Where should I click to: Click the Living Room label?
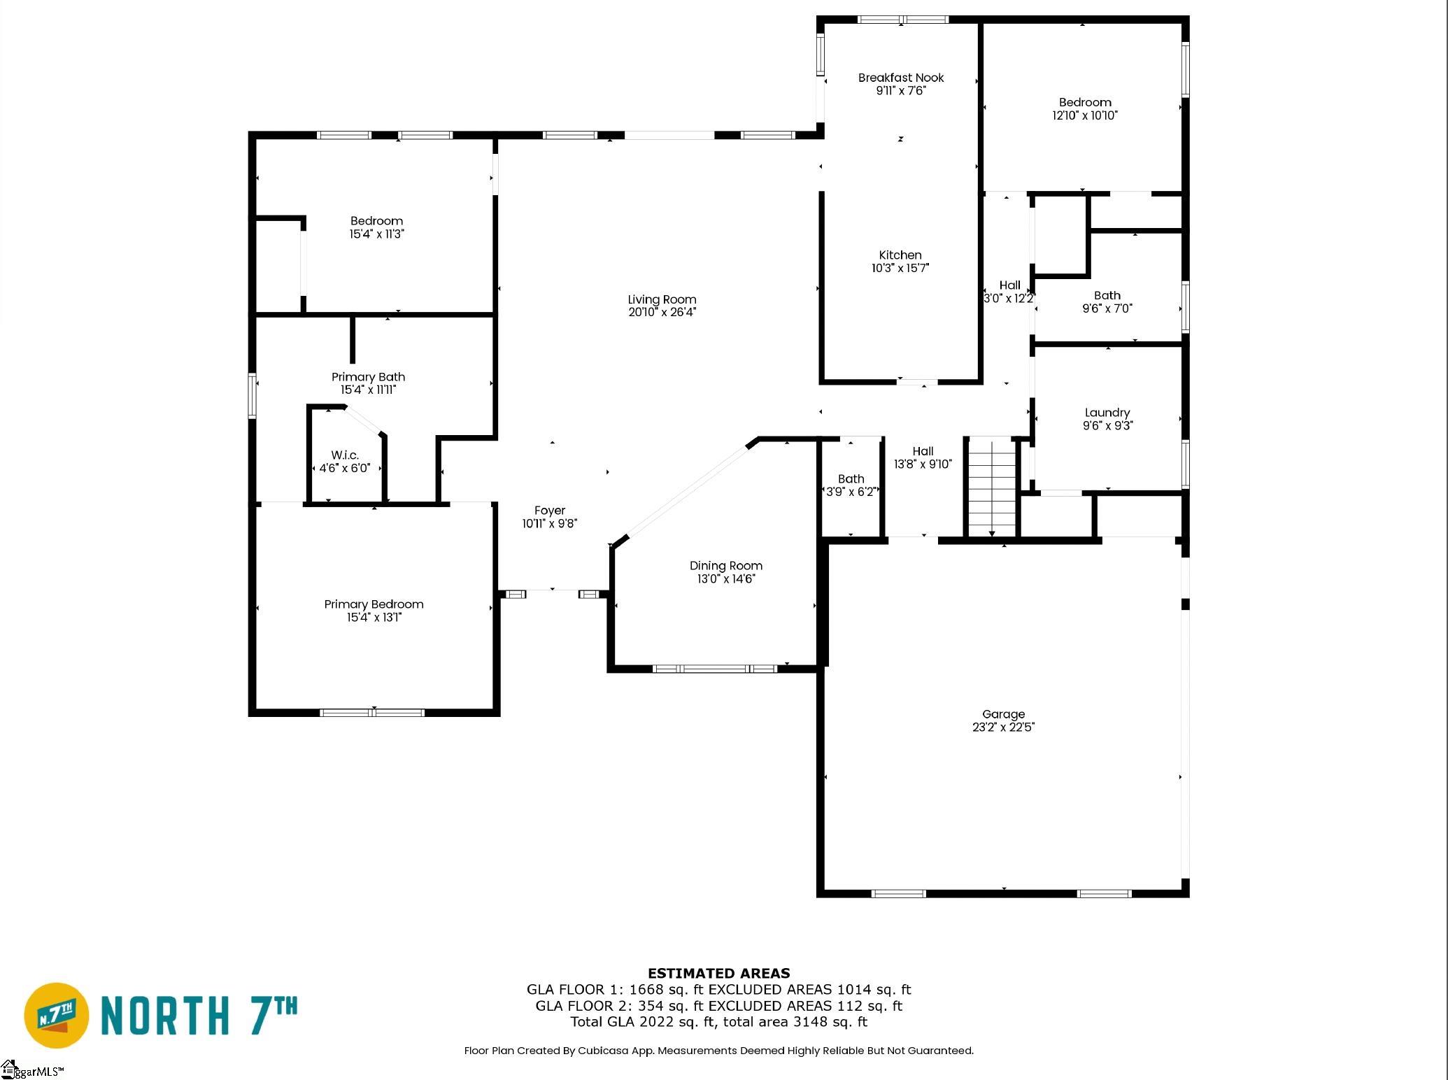click(662, 300)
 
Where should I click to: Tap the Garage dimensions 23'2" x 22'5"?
click(1003, 727)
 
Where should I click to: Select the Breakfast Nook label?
click(901, 78)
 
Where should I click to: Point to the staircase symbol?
click(992, 487)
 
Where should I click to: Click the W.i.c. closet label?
click(345, 455)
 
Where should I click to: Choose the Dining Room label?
click(726, 566)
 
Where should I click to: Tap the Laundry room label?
click(1107, 413)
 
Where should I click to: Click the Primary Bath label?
click(368, 377)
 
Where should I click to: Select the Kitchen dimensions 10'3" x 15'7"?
click(900, 268)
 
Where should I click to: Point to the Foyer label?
click(550, 511)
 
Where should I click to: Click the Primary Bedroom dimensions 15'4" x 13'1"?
click(374, 618)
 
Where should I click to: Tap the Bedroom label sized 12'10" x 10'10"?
click(1085, 103)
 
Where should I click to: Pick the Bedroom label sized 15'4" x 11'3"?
click(377, 221)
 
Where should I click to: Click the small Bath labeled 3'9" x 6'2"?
click(851, 479)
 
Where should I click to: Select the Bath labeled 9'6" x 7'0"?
click(1107, 296)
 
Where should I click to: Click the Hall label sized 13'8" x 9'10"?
click(923, 452)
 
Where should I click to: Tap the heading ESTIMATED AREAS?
click(719, 973)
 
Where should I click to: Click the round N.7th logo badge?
click(57, 1015)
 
